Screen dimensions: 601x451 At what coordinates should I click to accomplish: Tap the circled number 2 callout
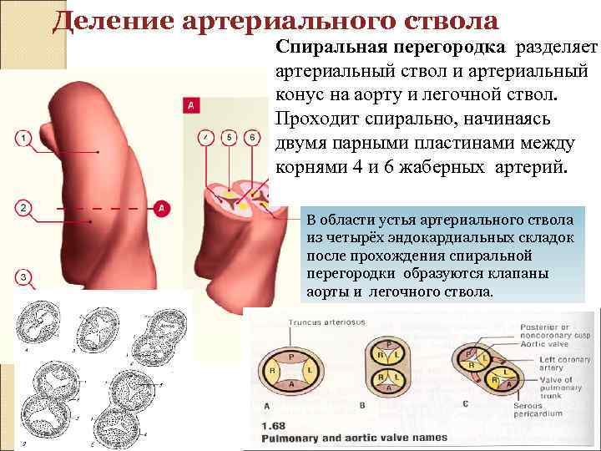pos(23,206)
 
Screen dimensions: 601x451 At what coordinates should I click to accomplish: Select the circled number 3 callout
pos(23,276)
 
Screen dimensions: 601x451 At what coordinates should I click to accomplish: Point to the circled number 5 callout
pos(230,135)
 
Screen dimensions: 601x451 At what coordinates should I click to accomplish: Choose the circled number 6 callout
pos(251,135)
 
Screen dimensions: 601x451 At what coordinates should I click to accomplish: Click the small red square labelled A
pos(191,106)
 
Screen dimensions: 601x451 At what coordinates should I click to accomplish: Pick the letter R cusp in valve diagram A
pos(271,369)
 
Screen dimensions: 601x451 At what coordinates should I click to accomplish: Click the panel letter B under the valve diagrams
pos(361,406)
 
